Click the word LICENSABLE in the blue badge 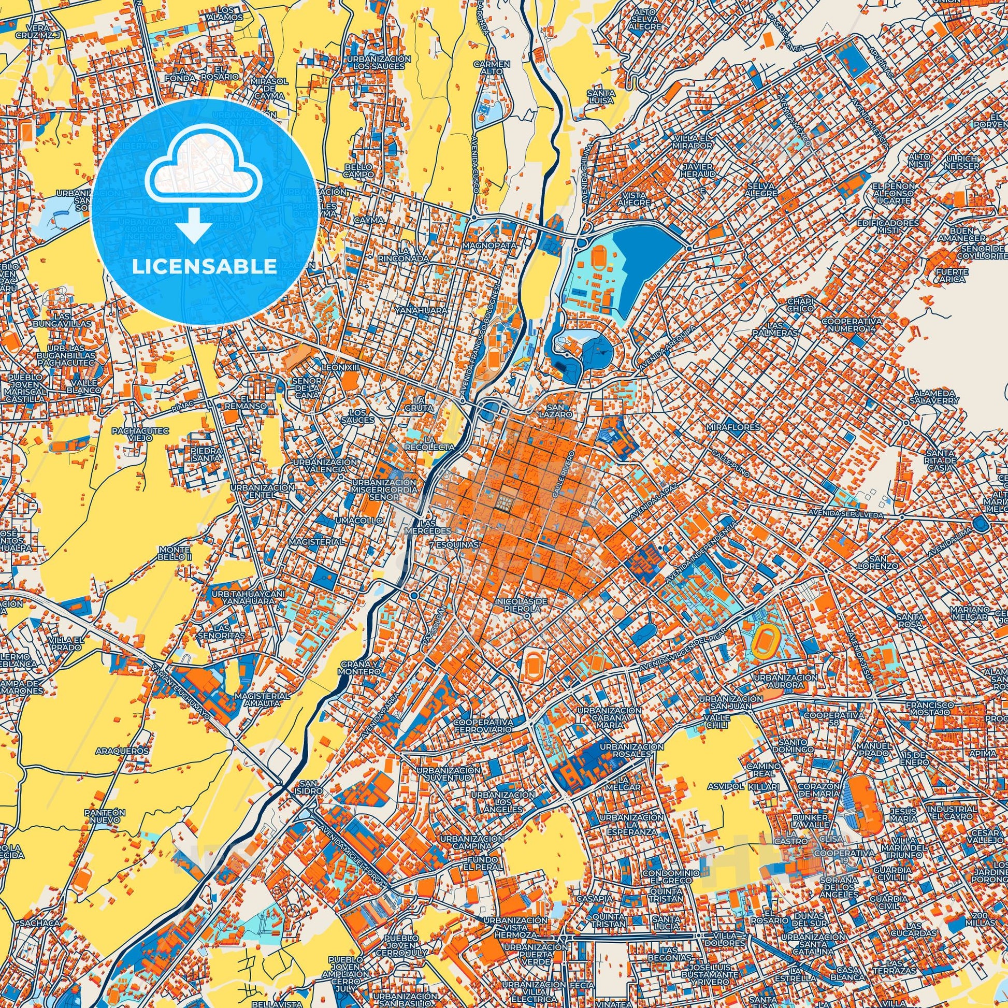point(204,266)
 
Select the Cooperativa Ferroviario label point(483,726)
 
